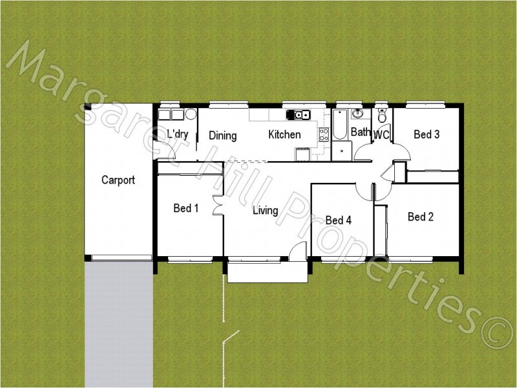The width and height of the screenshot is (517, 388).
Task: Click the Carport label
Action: click(118, 180)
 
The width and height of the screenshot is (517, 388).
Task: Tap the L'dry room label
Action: click(178, 135)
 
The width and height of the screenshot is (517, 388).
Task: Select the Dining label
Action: click(222, 136)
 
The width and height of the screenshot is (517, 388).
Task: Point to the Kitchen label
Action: click(284, 135)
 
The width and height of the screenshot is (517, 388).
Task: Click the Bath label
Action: click(360, 133)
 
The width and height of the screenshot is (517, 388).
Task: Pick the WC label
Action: click(381, 135)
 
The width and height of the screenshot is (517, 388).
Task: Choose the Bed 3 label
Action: click(427, 135)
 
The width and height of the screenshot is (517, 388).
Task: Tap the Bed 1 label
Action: click(186, 208)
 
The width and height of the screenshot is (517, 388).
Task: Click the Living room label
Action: click(265, 210)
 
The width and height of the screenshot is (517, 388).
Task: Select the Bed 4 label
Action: click(338, 221)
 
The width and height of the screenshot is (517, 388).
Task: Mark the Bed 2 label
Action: click(420, 217)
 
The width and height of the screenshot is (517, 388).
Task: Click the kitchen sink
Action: click(300, 115)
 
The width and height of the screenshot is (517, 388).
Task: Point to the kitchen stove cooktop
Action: click(324, 134)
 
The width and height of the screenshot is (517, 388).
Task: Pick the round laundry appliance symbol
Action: click(191, 114)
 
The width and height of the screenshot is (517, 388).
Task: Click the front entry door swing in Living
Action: click(298, 252)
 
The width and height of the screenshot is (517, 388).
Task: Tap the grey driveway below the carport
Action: click(118, 323)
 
